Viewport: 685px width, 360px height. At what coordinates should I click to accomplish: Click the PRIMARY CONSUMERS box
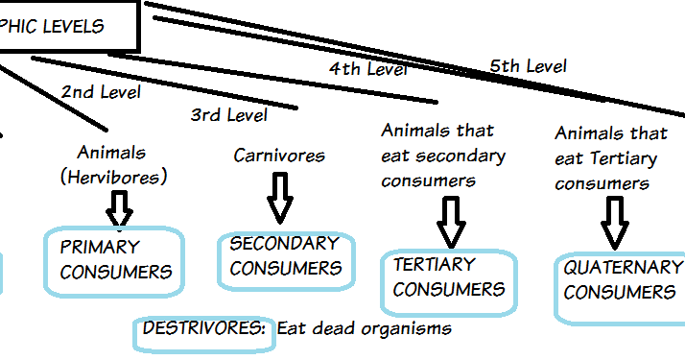click(115, 259)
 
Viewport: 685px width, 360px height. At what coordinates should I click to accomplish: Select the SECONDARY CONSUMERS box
click(286, 257)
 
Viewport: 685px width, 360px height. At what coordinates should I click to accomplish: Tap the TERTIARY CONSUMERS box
click(449, 277)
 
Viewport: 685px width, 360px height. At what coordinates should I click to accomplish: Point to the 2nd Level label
click(101, 92)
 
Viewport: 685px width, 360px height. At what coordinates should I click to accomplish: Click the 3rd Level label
click(228, 115)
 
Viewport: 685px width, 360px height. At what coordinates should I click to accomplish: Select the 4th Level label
click(368, 69)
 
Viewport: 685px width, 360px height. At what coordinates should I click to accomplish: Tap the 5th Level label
click(528, 66)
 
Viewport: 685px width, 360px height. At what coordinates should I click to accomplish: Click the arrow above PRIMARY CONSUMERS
click(120, 208)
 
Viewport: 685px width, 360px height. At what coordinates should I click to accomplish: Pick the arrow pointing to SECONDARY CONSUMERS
click(279, 198)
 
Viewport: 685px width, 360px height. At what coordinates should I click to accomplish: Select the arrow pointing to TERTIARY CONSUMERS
click(449, 222)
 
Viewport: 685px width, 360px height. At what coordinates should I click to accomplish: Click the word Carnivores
click(279, 155)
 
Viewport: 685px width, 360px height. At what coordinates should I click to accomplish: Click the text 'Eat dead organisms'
click(364, 328)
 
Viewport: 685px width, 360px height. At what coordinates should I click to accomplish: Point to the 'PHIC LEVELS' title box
click(67, 26)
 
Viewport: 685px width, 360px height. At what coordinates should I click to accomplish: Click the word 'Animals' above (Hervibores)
click(112, 153)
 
